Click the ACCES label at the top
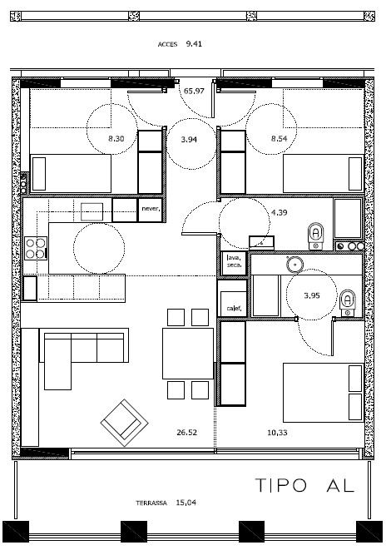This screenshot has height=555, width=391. tap(167, 45)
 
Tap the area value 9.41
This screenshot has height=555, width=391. tap(194, 44)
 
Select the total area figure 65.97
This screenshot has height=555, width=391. tap(194, 91)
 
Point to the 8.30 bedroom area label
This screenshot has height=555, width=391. tap(116, 139)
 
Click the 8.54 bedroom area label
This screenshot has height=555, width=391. tap(280, 139)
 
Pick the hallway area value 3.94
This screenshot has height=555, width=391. tap(189, 140)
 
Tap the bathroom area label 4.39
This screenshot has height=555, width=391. tap(280, 213)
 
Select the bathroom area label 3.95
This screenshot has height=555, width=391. tap(312, 295)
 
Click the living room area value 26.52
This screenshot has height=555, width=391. tap(187, 433)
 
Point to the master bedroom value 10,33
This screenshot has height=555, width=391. tap(277, 433)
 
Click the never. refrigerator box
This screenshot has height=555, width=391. tap(151, 210)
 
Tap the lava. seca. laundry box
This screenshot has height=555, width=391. tap(234, 263)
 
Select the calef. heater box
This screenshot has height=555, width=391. tap(234, 304)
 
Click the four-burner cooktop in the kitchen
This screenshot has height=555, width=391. tap(36, 248)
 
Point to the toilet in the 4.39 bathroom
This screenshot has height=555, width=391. tap(316, 235)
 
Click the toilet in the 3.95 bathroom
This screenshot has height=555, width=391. tap(348, 303)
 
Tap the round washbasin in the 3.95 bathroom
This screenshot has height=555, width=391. tap(294, 264)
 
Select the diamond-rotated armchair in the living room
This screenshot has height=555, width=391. tap(125, 423)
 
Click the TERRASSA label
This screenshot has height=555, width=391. tap(151, 503)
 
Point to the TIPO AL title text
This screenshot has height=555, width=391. tap(304, 485)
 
